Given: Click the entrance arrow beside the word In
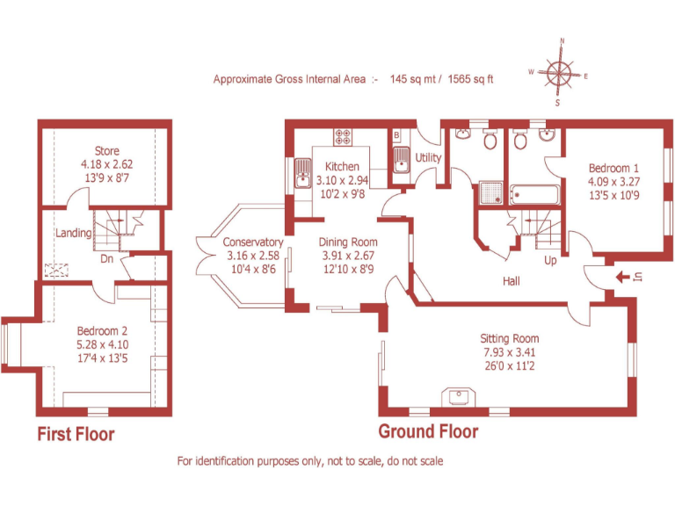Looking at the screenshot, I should point(623,278).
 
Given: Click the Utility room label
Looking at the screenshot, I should point(429,157).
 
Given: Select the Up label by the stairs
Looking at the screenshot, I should point(550,261).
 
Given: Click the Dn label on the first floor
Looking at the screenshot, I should point(106,259).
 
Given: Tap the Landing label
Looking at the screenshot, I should point(74,233).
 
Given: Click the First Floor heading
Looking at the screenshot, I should point(76,434).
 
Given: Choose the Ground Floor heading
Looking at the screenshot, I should point(428,431).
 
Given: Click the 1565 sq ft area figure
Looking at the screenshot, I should point(470,79).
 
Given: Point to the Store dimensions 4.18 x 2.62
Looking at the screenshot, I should point(106,164).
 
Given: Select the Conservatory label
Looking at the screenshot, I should point(253,242).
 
